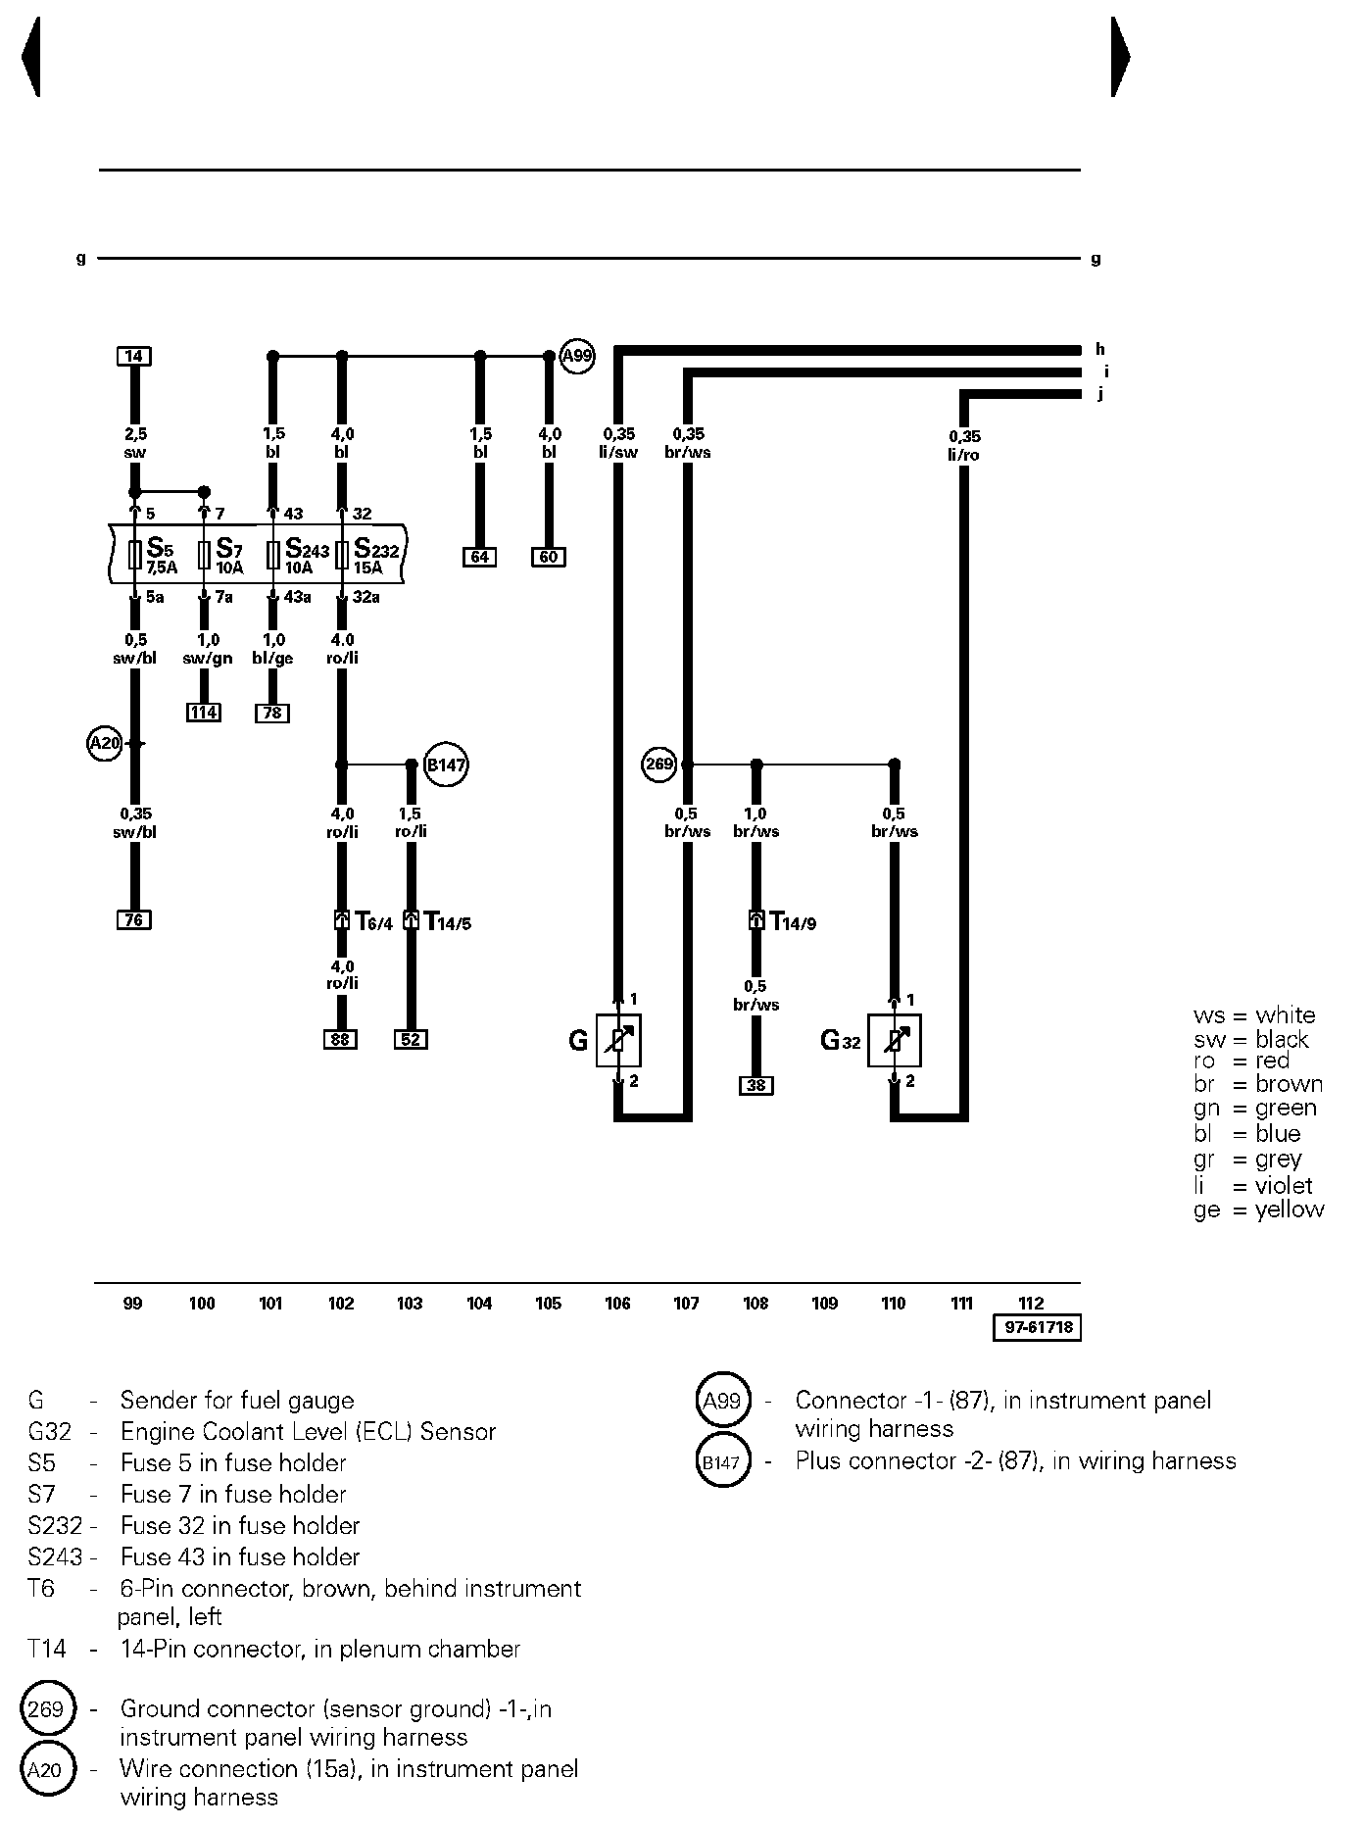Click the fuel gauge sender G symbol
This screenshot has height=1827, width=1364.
coord(618,1040)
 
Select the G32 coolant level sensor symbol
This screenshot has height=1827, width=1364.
coord(895,1040)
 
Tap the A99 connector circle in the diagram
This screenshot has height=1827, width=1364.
coord(577,356)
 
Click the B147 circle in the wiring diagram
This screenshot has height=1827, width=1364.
coord(446,765)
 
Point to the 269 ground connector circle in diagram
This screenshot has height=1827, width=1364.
coord(659,764)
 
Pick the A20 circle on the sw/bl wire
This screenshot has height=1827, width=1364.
coord(104,744)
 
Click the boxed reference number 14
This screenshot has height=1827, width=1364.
coord(134,356)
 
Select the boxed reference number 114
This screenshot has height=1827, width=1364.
coord(204,713)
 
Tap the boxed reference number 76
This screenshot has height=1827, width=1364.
coord(134,919)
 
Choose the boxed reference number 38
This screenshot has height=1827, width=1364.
coord(755,1085)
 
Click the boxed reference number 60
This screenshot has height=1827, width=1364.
coord(549,557)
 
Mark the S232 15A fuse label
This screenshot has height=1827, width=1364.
coord(376,556)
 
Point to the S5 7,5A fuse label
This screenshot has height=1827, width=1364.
coord(162,556)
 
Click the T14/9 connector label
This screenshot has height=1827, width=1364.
coord(793,922)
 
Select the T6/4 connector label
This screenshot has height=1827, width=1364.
coord(373,922)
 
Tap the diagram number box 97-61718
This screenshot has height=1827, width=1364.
coord(1037,1328)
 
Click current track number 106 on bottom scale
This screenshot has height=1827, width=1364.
coord(617,1303)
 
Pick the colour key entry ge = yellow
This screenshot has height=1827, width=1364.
coord(1258,1210)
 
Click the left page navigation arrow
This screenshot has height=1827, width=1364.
coord(30,57)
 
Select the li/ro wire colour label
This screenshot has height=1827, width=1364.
coord(963,455)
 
